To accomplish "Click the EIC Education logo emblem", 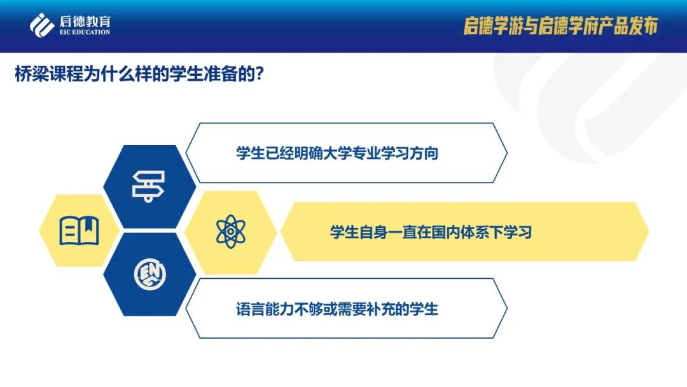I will (x=41, y=25).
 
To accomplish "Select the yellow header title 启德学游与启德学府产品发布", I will (x=560, y=26).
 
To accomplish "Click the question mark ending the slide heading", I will (x=259, y=74).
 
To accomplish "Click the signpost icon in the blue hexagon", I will (x=148, y=186).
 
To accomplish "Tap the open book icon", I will (x=79, y=230).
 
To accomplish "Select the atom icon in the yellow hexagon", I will (x=230, y=231).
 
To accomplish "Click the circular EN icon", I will (x=149, y=274).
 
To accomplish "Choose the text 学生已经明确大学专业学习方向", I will (x=337, y=153).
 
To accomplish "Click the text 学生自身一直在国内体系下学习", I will (x=431, y=232).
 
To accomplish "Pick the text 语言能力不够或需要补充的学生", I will (x=337, y=309).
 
